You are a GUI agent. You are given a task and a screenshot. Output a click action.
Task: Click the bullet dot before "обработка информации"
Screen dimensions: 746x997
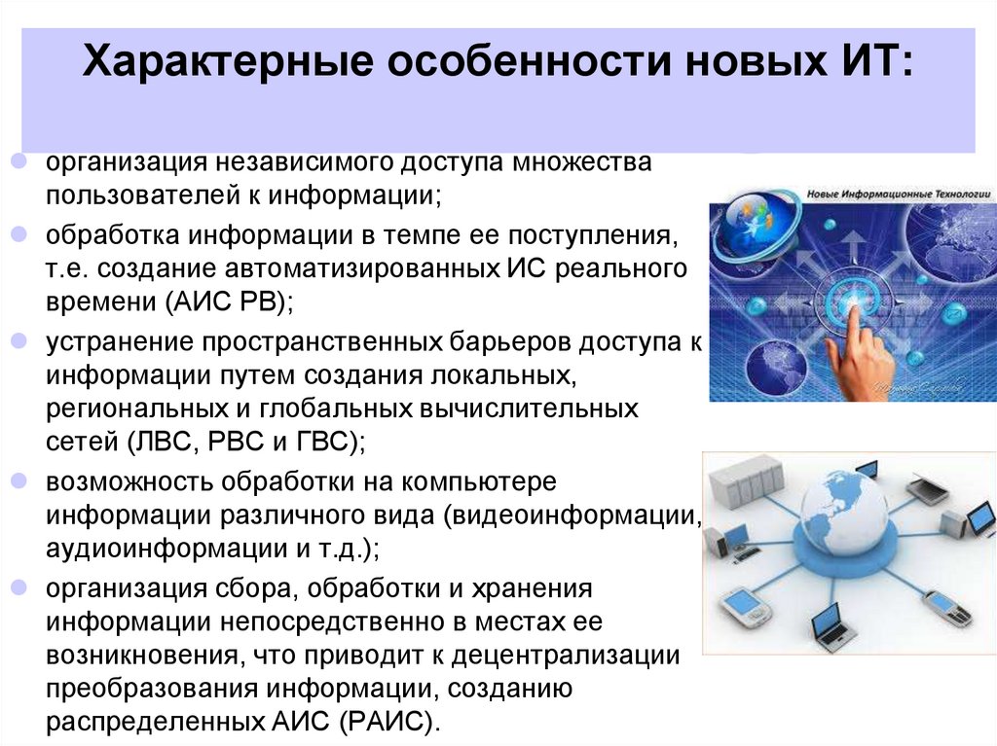(21, 236)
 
